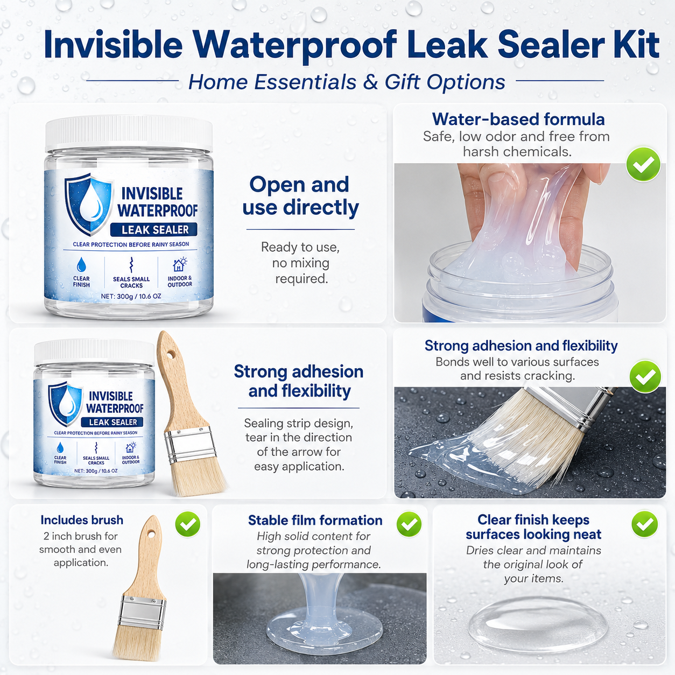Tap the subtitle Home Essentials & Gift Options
(x=347, y=82)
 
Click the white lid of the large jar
(x=129, y=134)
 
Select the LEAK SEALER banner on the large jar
(x=154, y=230)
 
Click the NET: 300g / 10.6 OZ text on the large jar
(x=131, y=296)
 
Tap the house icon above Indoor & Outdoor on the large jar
(x=180, y=265)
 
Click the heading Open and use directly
(x=300, y=196)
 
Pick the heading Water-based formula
(x=518, y=119)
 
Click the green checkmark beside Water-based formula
(x=643, y=164)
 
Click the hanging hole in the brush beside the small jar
(x=170, y=355)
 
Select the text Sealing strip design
(x=298, y=423)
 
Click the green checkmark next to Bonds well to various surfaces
(x=645, y=377)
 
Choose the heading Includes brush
(x=82, y=520)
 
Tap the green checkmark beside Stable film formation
(x=409, y=524)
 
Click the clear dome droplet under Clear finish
(x=538, y=626)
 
